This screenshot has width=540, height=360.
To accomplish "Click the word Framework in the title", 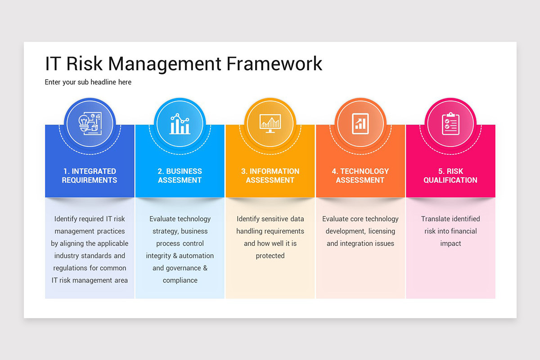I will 274,63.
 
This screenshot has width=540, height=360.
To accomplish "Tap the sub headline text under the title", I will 88,82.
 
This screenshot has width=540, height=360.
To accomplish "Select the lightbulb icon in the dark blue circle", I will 90,123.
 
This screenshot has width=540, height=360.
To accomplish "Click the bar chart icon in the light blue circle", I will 180,123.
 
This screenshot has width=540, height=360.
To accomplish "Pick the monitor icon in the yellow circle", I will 270,123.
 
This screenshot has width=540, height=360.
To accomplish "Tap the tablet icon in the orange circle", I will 360,123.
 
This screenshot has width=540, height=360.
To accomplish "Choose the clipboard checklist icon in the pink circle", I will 450,123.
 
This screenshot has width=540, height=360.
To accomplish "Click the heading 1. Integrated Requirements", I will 90,175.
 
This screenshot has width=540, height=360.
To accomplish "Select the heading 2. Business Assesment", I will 180,175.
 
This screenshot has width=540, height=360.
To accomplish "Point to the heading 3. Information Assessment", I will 270,175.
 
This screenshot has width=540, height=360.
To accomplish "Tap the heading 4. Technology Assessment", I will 360,175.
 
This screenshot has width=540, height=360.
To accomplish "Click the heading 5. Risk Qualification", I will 450,175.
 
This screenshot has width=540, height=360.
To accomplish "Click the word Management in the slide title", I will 165,63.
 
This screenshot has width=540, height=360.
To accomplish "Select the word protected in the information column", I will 270,256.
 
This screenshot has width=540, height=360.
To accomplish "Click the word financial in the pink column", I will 461,231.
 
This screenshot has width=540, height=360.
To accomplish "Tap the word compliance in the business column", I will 180,280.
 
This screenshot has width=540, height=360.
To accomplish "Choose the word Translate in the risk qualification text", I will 436,219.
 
